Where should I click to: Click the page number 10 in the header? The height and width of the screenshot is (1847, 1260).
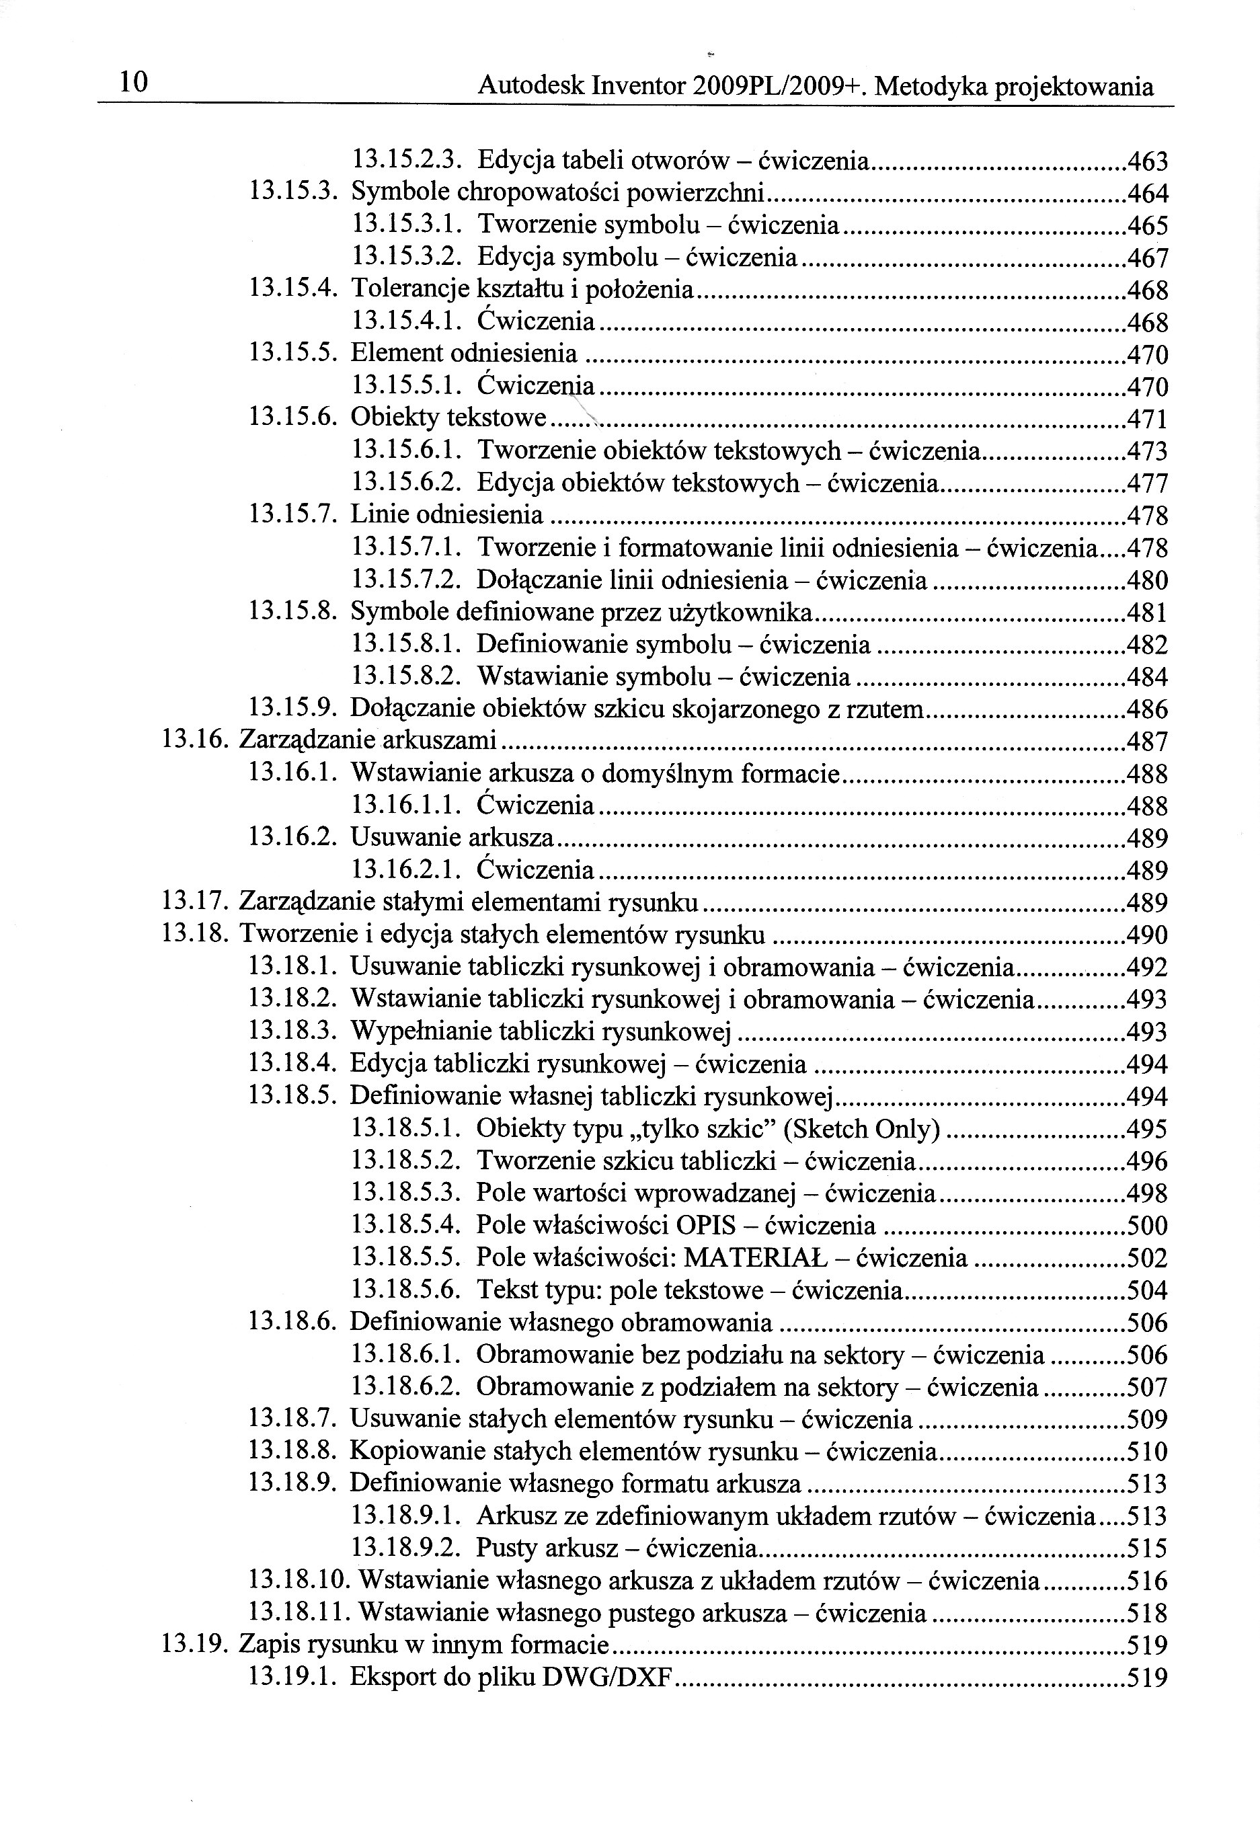(x=132, y=83)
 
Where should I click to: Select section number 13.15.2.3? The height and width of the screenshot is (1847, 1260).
(x=407, y=161)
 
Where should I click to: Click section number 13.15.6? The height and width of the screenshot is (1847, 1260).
(x=294, y=418)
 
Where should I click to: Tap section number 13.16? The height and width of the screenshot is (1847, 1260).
(x=196, y=742)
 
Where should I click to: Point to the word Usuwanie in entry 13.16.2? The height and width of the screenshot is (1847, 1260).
(x=405, y=838)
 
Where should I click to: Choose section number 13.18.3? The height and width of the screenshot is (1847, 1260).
(x=293, y=1031)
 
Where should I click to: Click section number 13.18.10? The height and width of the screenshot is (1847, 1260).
(x=301, y=1581)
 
